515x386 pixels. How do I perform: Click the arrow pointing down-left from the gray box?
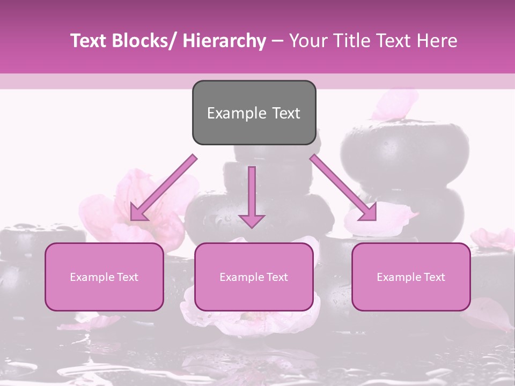(x=163, y=188)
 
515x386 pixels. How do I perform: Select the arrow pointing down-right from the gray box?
(x=343, y=188)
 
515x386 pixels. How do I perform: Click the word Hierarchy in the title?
(x=225, y=41)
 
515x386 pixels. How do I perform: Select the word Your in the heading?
(x=308, y=41)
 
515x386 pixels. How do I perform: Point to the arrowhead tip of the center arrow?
(x=252, y=228)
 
